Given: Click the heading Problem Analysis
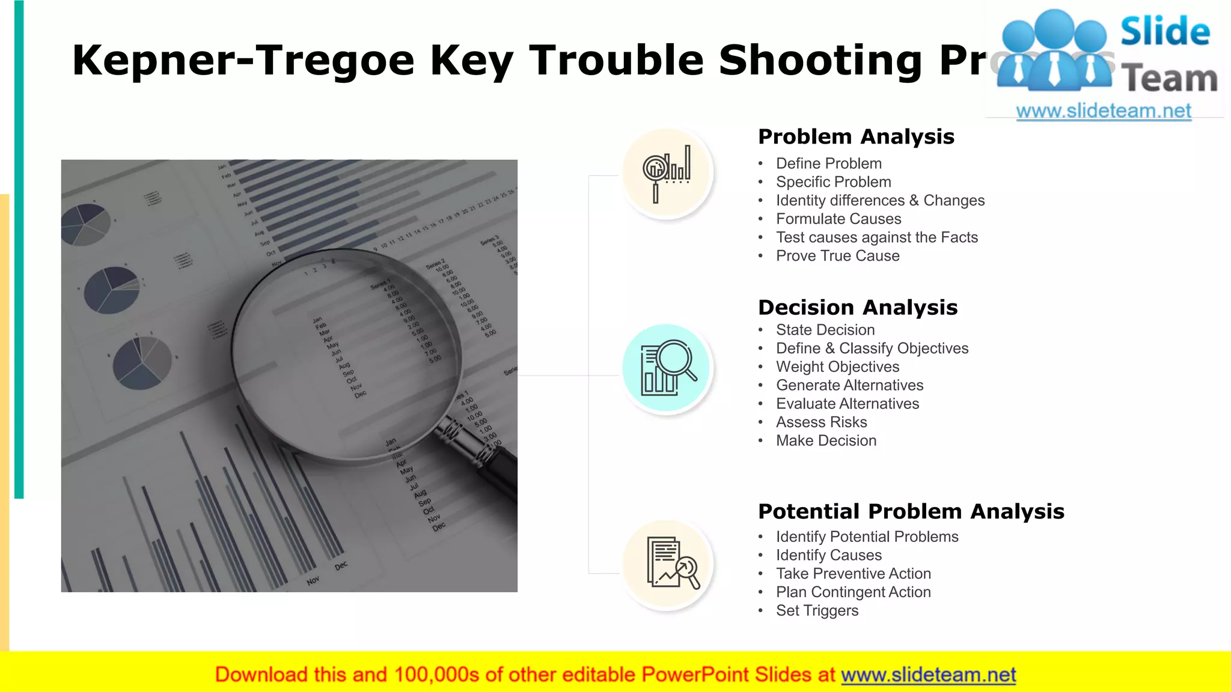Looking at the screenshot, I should tap(856, 137).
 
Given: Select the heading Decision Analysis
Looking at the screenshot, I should tap(858, 308).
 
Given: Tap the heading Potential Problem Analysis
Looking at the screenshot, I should tap(911, 512).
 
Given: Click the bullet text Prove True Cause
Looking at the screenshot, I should tap(837, 256).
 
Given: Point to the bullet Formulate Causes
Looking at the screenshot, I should tap(838, 219).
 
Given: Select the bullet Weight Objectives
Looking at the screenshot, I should tap(837, 367).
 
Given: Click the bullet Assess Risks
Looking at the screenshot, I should tap(821, 422).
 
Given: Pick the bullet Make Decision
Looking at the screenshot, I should tap(826, 441).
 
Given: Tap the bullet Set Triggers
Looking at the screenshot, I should tap(817, 611).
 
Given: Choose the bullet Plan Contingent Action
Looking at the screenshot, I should tap(853, 592).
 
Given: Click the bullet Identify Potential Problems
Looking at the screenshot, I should tap(867, 537).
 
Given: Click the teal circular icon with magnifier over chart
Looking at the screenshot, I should tap(667, 368).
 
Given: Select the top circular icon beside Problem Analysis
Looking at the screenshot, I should tap(667, 173).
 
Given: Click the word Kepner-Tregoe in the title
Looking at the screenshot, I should tap(243, 61).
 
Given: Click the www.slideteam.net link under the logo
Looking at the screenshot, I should tap(1103, 111).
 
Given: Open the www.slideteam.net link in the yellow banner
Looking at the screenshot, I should tap(928, 675).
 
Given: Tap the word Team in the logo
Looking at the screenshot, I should tap(1169, 79).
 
